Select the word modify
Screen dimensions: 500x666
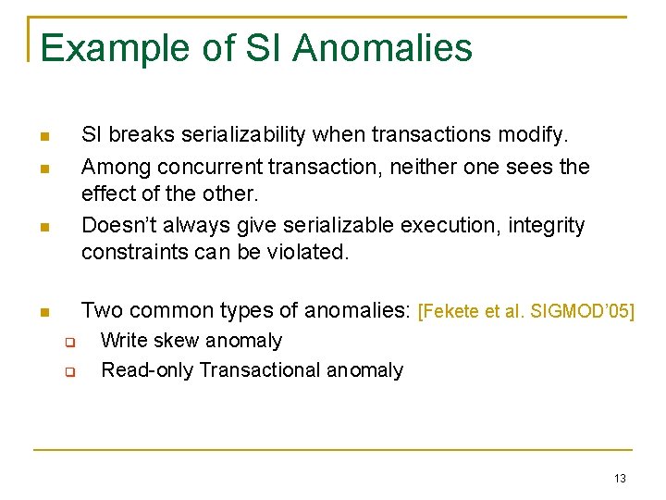(536, 135)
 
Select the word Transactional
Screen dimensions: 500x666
(256, 370)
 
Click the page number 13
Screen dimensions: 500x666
(619, 478)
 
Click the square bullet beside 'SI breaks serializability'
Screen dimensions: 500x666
(43, 138)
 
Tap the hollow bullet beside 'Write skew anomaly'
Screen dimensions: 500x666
(68, 343)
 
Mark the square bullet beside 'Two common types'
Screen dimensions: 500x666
(43, 313)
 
